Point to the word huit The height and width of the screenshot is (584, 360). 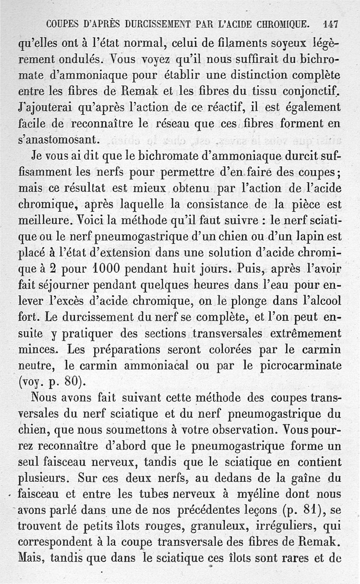(x=192, y=268)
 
